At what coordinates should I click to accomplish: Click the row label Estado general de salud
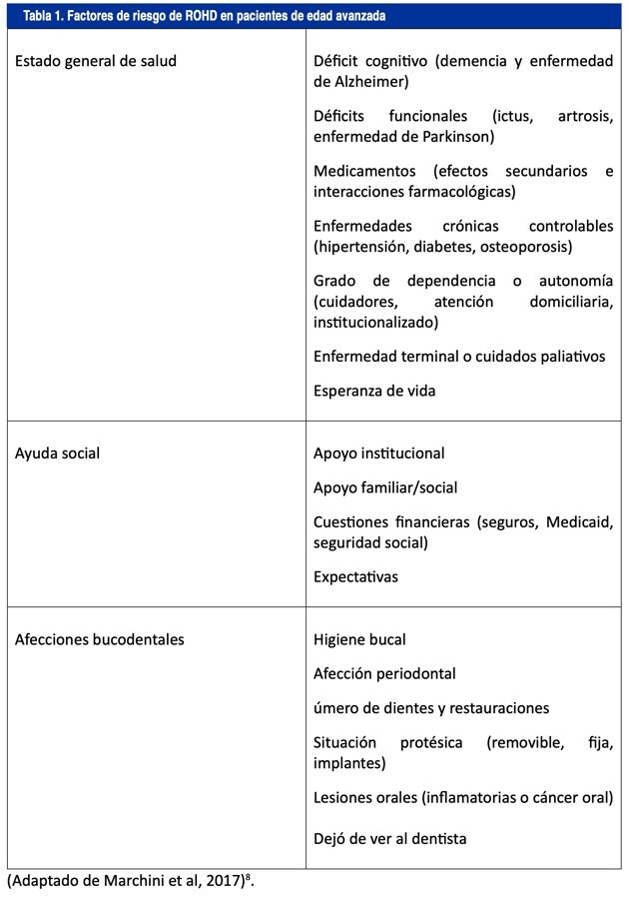[x=96, y=61]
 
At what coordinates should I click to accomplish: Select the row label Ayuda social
[x=57, y=453]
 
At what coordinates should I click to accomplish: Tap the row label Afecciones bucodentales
[x=100, y=639]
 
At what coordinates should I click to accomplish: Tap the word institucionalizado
[x=375, y=322]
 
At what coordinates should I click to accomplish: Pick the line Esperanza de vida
[x=374, y=391]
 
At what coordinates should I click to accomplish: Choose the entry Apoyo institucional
[x=379, y=453]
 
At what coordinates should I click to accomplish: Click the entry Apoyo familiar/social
[x=385, y=488]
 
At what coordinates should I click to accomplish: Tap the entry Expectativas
[x=355, y=577]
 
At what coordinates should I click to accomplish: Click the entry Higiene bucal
[x=359, y=639]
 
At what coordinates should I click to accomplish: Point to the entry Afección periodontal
[x=384, y=673]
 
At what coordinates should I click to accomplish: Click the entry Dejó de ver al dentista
[x=389, y=839]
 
